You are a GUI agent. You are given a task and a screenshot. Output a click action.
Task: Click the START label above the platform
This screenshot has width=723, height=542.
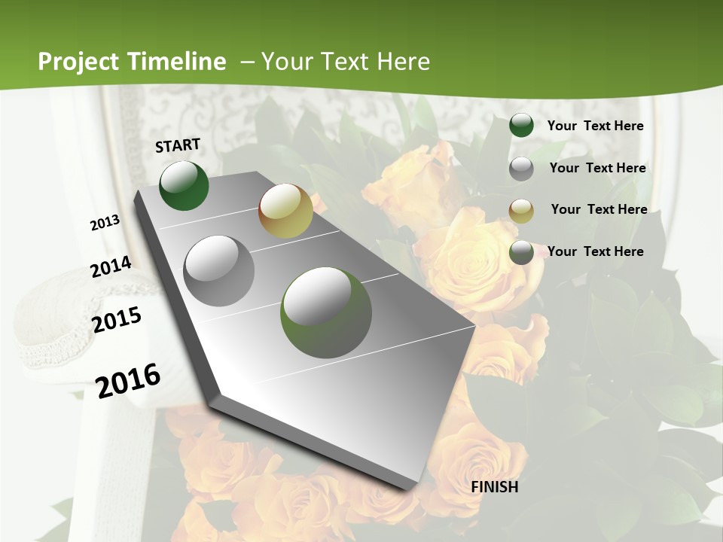click(178, 145)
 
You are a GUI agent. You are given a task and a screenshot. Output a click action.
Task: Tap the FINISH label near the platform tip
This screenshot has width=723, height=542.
click(495, 487)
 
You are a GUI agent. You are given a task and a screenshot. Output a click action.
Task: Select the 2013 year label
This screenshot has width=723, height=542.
click(105, 223)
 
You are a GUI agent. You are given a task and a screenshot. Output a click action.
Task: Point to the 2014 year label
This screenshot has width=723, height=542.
click(111, 266)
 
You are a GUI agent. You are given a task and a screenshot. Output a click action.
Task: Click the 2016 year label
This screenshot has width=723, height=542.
click(128, 380)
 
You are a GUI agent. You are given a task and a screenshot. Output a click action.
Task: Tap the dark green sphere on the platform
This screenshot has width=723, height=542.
click(184, 185)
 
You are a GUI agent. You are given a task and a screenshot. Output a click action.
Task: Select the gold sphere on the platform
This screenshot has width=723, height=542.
click(285, 211)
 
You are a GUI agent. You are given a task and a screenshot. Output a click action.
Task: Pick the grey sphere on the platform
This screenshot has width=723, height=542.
click(219, 270)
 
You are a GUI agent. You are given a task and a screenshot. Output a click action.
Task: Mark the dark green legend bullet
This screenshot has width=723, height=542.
click(521, 126)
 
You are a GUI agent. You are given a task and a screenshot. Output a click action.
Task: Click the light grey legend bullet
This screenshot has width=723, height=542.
click(521, 169)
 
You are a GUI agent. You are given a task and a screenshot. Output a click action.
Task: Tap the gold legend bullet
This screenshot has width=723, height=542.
click(521, 211)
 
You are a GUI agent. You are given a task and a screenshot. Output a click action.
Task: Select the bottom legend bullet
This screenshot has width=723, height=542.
click(521, 253)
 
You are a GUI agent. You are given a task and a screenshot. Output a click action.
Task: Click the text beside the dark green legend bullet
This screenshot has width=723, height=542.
click(595, 126)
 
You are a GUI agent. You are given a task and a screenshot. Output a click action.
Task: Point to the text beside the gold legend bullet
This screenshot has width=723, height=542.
click(599, 209)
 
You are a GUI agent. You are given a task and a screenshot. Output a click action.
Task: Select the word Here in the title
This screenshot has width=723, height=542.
click(402, 62)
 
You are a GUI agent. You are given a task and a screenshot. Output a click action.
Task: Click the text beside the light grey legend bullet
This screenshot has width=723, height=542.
click(597, 168)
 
